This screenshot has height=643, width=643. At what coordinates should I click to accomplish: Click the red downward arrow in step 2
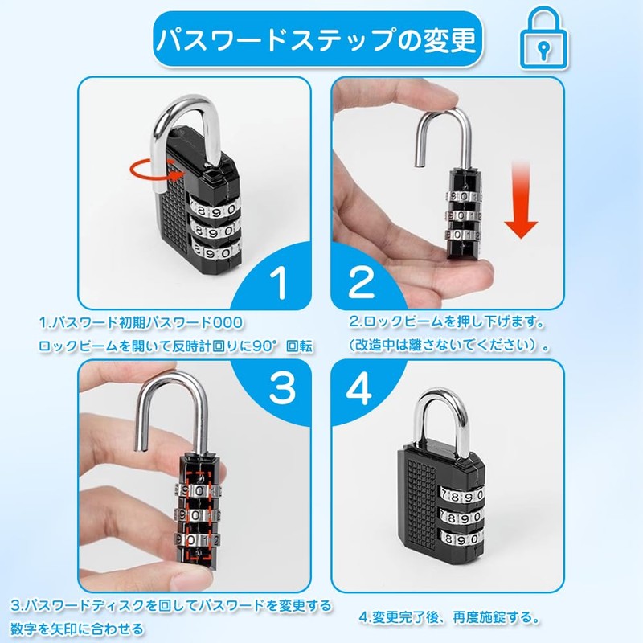(524, 201)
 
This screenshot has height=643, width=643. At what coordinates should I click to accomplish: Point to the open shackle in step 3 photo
(173, 410)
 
